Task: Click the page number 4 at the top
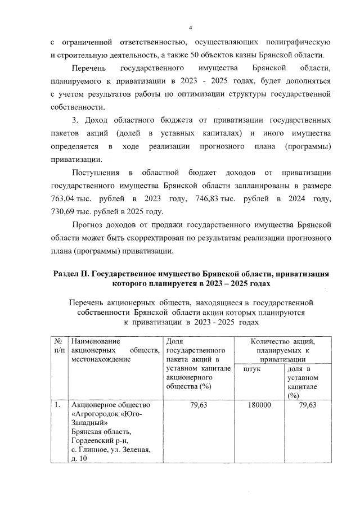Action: click(x=191, y=28)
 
